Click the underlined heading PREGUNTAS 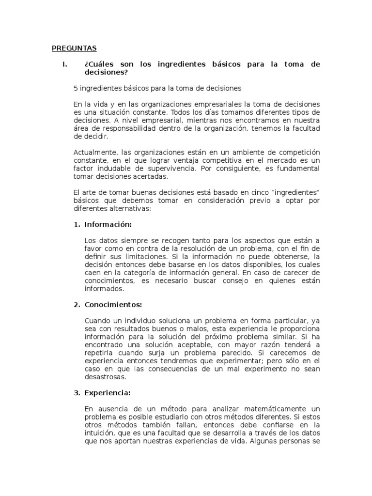coord(74,48)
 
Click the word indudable coord(114,168)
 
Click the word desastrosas coord(105,376)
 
